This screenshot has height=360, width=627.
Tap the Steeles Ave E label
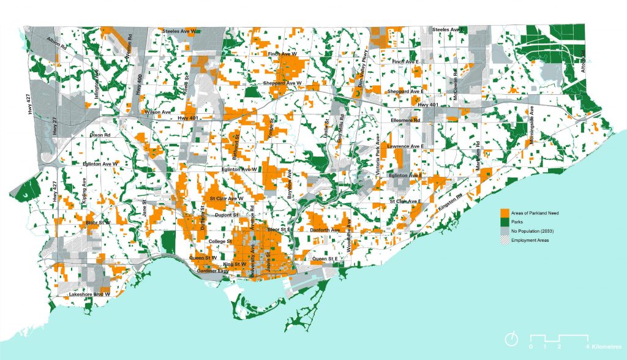pyautogui.click(x=449, y=29)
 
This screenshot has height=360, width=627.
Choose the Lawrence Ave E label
pyautogui.click(x=407, y=147)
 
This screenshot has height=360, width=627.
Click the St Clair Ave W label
pyautogui.click(x=227, y=199)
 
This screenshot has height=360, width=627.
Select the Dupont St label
pyautogui.click(x=227, y=215)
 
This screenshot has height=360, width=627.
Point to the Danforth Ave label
pyautogui.click(x=326, y=230)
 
